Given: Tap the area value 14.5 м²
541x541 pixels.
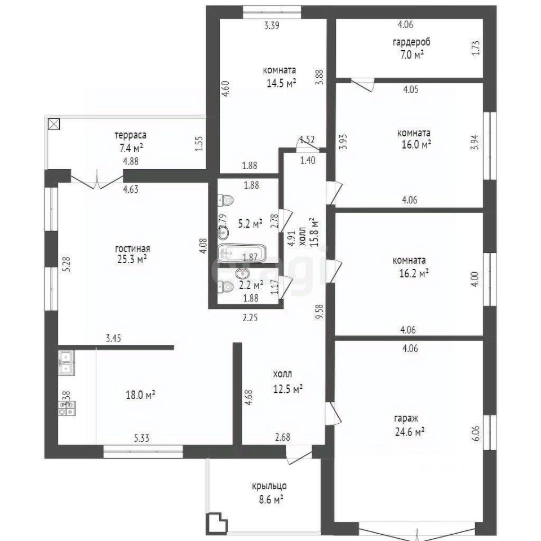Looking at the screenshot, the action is pos(281,82).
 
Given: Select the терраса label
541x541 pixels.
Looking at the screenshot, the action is pos(131,135).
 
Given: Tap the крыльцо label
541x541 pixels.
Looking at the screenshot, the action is pos(269,486).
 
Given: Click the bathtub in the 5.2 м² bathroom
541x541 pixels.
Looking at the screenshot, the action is pos(242,252).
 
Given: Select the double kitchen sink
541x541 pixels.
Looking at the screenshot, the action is pos(65,362).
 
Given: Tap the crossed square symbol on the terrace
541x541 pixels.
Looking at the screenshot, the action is pos(54,124).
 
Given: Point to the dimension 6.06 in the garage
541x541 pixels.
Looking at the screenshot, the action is pos(475,433).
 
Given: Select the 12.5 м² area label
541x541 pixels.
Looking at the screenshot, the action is pos(288,388).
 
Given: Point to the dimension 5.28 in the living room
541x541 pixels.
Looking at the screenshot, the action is pos(67,264).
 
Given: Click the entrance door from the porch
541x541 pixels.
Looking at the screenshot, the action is pos(297,455).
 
